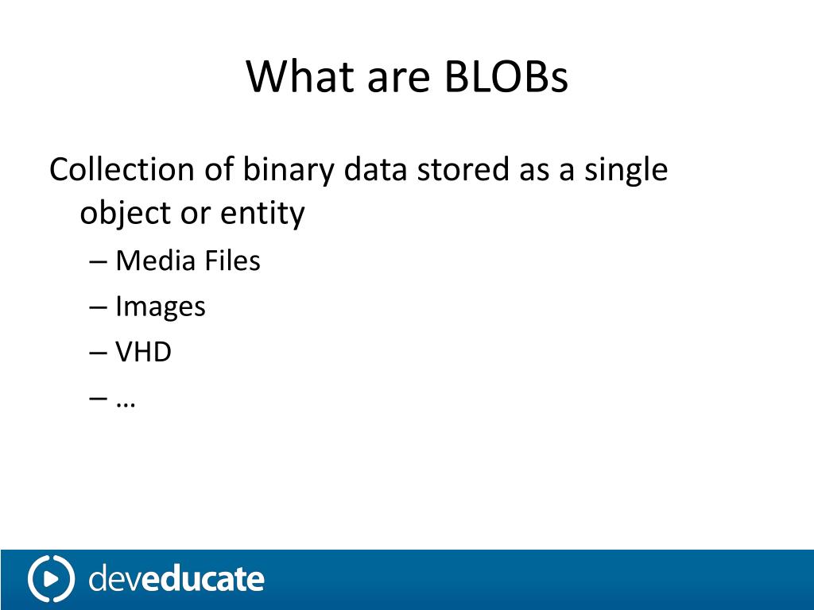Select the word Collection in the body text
122,169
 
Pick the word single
626,170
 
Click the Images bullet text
161,307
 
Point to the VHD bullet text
143,352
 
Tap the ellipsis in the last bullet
126,400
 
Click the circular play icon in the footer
51,578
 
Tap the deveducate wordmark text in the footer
176,578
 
